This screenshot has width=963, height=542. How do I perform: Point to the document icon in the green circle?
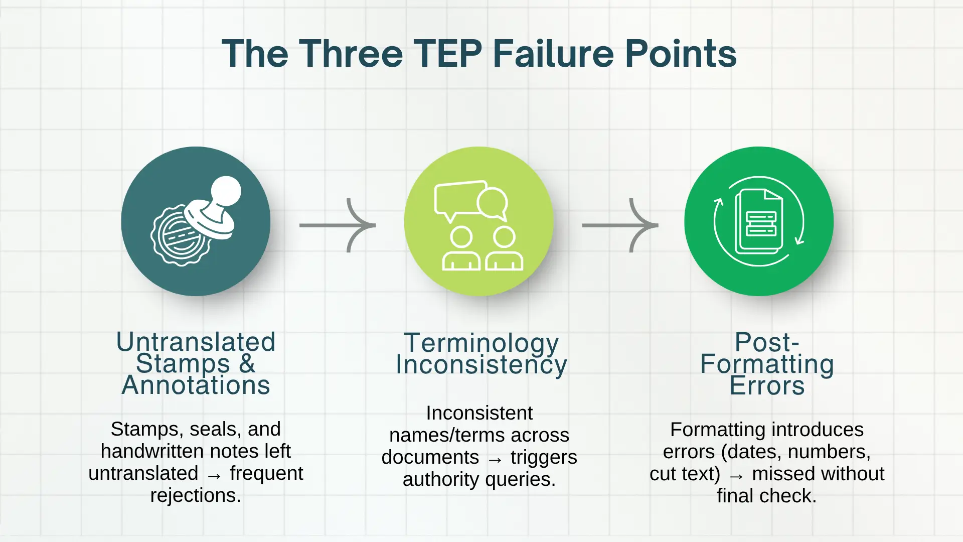pyautogui.click(x=758, y=221)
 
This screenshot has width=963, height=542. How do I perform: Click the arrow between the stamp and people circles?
pyautogui.click(x=338, y=225)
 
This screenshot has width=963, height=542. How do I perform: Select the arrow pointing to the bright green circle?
pyautogui.click(x=620, y=225)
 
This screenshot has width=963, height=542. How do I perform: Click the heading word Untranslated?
pyautogui.click(x=196, y=342)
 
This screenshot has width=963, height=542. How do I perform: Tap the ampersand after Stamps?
pyautogui.click(x=247, y=363)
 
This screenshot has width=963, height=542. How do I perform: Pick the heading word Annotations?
pyautogui.click(x=196, y=385)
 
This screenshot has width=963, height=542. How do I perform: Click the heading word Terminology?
pyautogui.click(x=481, y=343)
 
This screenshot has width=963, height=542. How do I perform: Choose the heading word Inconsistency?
pyautogui.click(x=481, y=365)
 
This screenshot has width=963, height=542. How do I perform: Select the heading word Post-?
pyautogui.click(x=767, y=342)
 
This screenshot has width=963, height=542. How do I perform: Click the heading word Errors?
pyautogui.click(x=767, y=386)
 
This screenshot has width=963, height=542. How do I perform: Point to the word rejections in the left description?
pyautogui.click(x=196, y=495)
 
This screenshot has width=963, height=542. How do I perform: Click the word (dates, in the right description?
pyautogui.click(x=752, y=452)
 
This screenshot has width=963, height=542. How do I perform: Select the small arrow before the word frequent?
pyautogui.click(x=214, y=474)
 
